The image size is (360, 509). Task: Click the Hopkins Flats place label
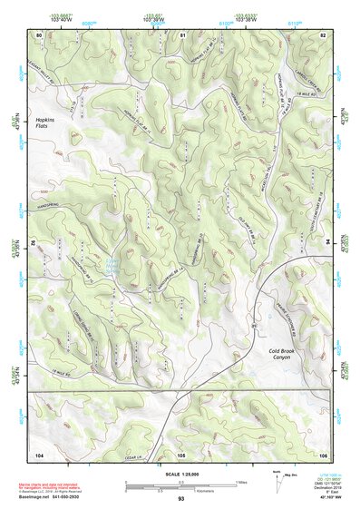[x=46, y=123]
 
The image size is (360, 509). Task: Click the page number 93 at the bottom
[x=181, y=500]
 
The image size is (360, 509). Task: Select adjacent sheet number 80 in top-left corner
[x=39, y=34]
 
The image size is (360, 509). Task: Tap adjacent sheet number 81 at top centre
[x=182, y=34]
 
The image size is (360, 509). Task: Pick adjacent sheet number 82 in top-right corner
[x=323, y=34]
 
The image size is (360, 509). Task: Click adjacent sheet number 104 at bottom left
[x=39, y=454]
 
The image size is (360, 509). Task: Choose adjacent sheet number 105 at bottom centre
[x=181, y=454]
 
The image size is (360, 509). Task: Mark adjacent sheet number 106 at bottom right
[x=323, y=454]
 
